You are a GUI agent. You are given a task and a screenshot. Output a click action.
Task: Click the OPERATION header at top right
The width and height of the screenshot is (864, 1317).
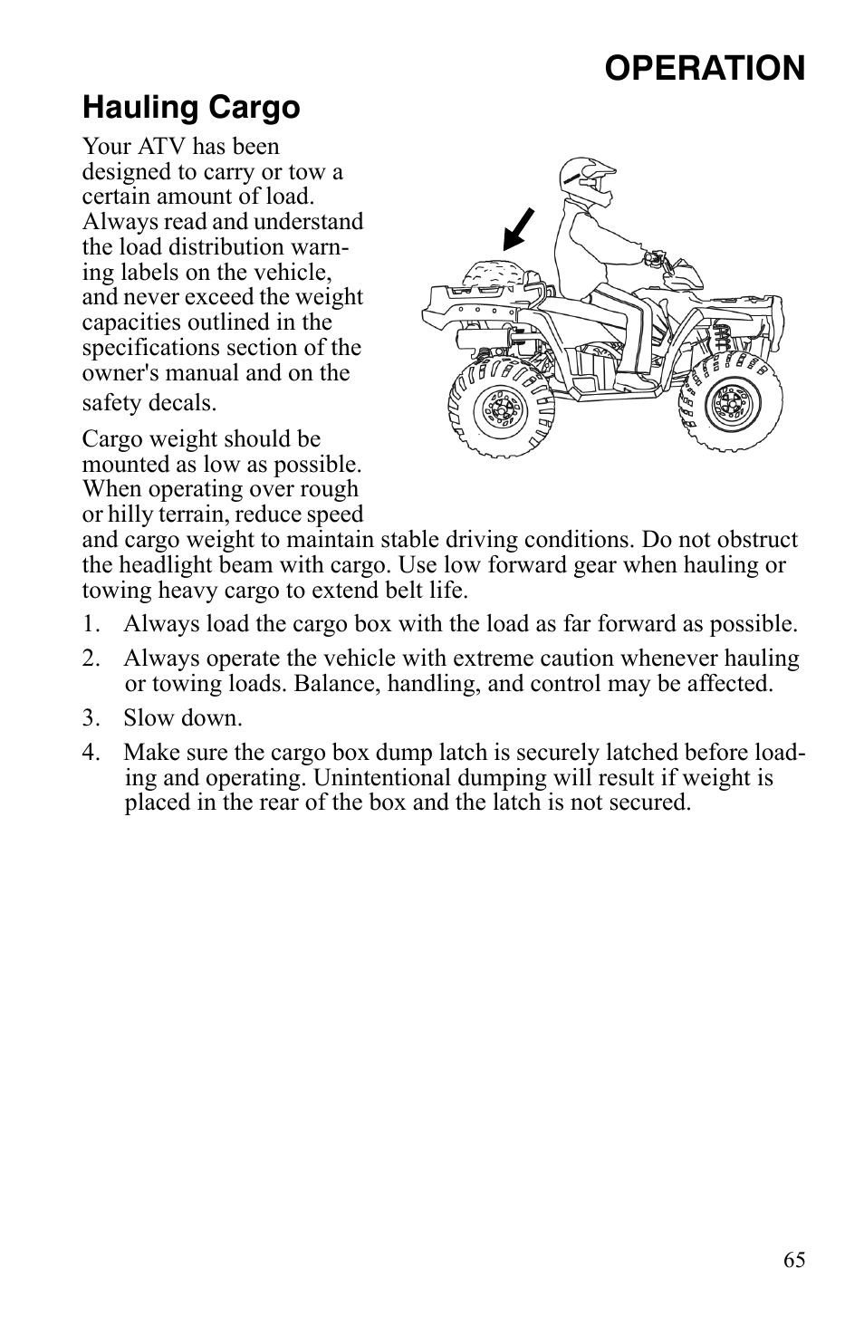coord(705,69)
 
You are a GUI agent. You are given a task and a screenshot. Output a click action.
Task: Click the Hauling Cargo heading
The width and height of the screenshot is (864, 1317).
coord(191,108)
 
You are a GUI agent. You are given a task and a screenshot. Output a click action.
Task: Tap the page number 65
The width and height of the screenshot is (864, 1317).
coord(793,1260)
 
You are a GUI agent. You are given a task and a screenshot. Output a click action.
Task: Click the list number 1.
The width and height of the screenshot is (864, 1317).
coord(88,624)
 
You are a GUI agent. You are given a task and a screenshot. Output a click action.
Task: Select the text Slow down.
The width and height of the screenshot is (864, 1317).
coord(183,718)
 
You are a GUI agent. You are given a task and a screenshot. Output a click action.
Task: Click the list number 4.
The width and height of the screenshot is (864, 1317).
coord(88,753)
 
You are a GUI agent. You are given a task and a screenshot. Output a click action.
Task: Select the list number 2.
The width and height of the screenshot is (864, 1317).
coord(88,658)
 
